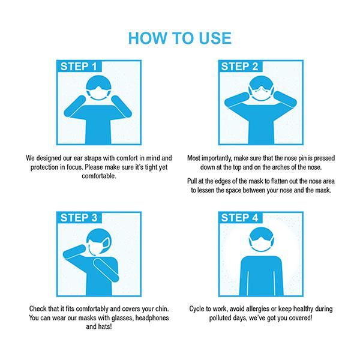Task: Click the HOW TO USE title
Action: [x=180, y=38]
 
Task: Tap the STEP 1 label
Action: [x=79, y=67]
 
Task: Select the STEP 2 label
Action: [x=239, y=67]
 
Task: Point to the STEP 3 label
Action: [x=79, y=218]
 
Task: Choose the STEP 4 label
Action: [x=239, y=218]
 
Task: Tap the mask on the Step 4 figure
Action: [x=261, y=245]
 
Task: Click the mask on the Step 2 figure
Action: [x=261, y=94]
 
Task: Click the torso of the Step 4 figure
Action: [x=261, y=276]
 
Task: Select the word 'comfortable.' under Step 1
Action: [x=99, y=176]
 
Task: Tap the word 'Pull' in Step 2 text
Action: [x=192, y=181]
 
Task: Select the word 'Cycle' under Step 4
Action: [x=197, y=309]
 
